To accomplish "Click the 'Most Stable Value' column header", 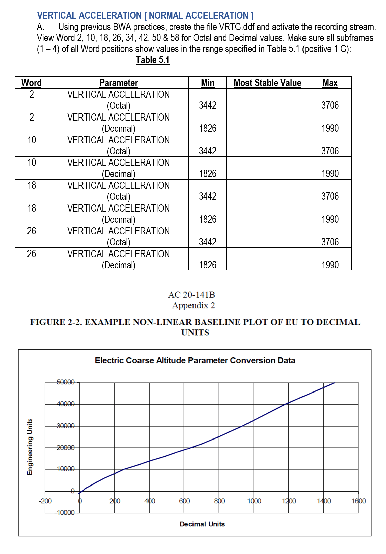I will coord(267,83).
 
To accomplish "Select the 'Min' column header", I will coord(208,83).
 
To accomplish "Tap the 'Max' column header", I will coord(330,83).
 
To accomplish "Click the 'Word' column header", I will coord(32,83).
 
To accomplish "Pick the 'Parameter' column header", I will coord(118,83).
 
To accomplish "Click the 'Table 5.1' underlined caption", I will coord(153,60).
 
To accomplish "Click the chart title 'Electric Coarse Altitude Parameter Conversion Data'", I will coord(195,360).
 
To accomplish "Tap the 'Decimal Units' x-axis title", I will coord(202,524).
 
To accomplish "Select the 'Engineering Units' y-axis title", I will coord(30,447).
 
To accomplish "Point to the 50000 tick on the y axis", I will coord(66,382).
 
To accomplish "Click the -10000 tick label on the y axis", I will coord(65,513).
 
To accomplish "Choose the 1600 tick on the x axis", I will coord(359,501).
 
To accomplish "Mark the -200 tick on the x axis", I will coord(45,501).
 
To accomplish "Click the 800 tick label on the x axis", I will coord(219,501).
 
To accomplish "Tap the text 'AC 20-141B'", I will coord(191,295).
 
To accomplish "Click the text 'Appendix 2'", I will coord(194,305).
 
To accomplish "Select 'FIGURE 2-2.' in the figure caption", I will coord(56,322).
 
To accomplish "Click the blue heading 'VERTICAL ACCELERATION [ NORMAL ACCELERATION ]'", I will coord(145,15).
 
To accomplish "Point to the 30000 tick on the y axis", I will coord(66,426).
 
